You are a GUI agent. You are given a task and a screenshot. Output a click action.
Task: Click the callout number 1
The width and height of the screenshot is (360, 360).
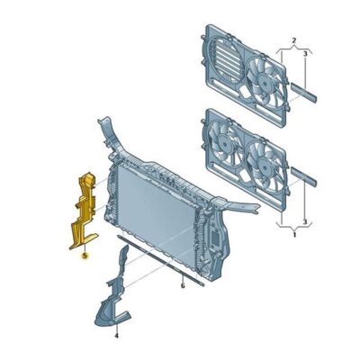[294, 234]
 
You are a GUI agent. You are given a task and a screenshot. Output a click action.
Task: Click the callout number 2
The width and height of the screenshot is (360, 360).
[294, 40]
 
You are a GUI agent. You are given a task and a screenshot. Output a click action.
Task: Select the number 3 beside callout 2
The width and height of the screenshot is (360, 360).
[305, 54]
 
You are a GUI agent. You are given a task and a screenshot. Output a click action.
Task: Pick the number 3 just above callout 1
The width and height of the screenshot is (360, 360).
[305, 222]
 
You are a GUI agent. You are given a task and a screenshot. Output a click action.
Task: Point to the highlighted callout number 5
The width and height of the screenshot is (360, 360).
[85, 256]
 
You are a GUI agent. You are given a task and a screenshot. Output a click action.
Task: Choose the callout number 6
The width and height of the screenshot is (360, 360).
[183, 286]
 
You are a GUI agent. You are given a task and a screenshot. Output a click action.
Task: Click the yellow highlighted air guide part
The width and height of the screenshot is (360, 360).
[84, 210]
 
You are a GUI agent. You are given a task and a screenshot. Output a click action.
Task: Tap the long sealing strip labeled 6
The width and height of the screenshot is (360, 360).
[160, 260]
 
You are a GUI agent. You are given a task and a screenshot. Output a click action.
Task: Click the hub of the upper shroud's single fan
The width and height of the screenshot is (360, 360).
[265, 81]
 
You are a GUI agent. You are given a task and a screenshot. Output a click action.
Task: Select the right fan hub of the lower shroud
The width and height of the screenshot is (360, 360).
[265, 165]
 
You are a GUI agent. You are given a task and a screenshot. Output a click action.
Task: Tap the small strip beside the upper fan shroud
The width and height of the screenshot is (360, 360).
[303, 93]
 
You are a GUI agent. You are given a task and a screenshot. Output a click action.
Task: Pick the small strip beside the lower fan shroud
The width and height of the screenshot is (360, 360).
[303, 176]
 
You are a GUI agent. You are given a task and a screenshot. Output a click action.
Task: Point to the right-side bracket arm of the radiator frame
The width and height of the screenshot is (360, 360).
[240, 206]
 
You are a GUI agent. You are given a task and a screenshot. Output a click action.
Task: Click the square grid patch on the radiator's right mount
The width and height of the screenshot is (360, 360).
[215, 238]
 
